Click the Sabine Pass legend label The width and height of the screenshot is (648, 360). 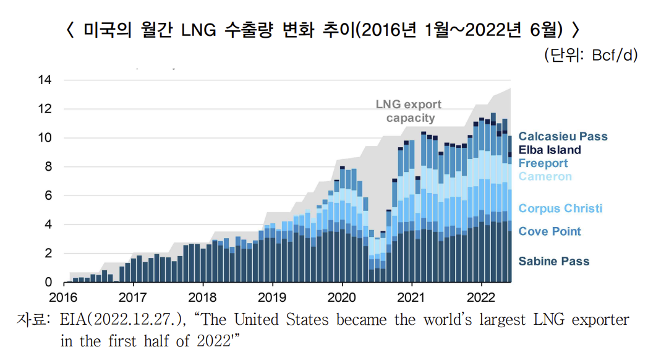click(x=553, y=261)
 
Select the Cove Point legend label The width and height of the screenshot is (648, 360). click(x=550, y=231)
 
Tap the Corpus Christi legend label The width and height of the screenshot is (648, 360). click(x=560, y=208)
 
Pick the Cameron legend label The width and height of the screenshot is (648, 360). click(x=545, y=177)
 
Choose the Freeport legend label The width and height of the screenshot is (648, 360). click(x=543, y=163)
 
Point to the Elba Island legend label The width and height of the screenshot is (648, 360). click(x=550, y=150)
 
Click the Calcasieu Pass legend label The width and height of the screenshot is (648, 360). click(x=563, y=137)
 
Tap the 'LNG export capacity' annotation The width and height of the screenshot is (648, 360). click(x=409, y=111)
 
